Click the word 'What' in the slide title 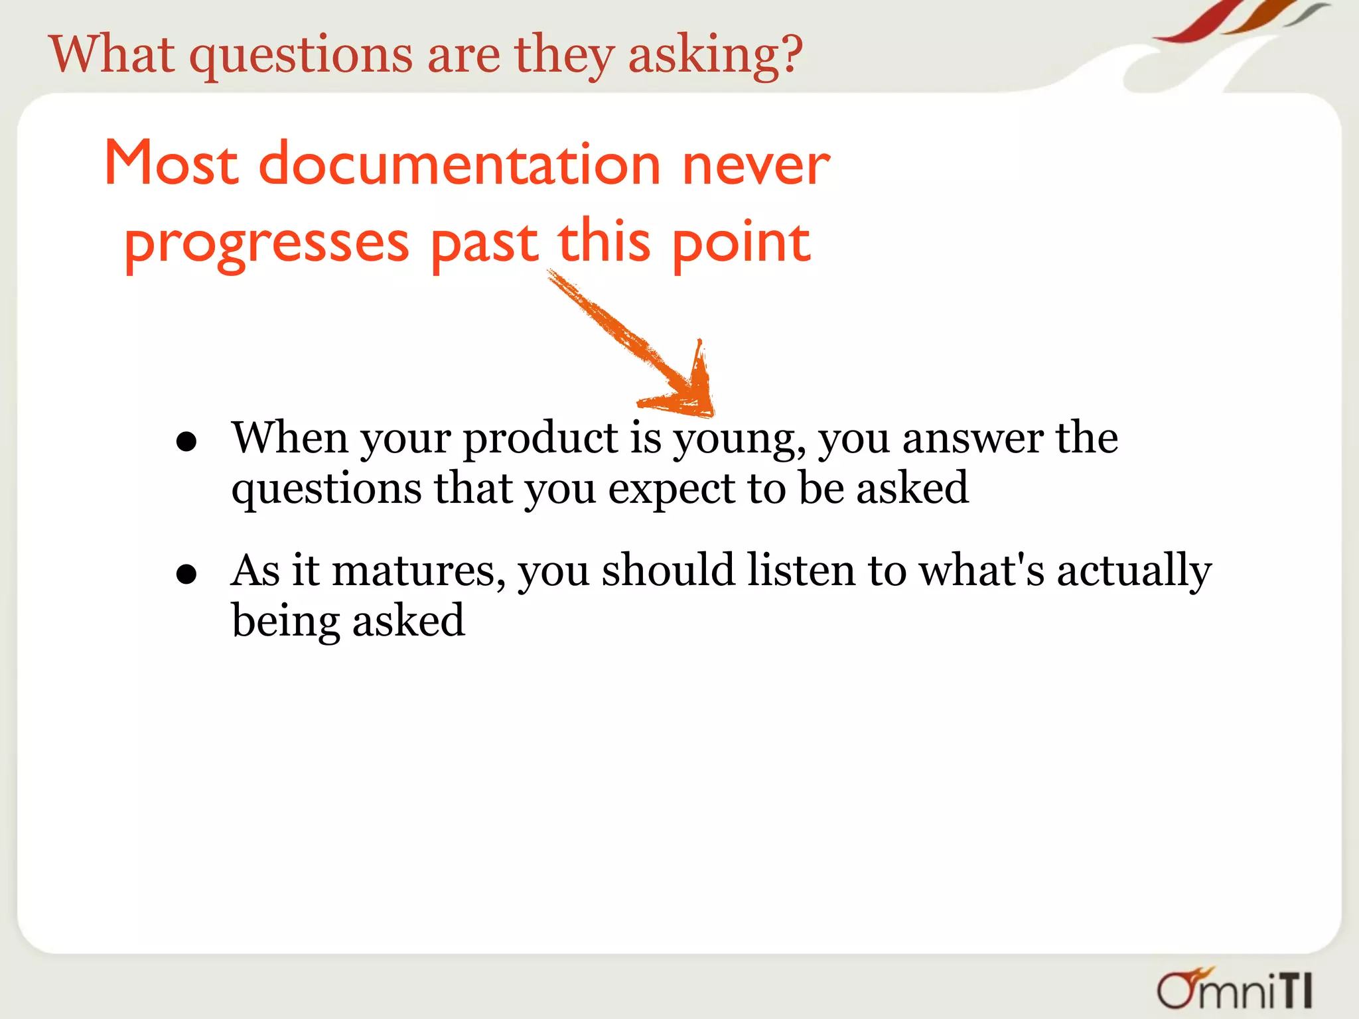click(x=112, y=54)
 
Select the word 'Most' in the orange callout click(x=171, y=163)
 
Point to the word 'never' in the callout click(x=756, y=166)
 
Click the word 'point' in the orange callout click(x=741, y=244)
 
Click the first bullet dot click(x=186, y=442)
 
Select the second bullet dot click(x=186, y=574)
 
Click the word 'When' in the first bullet click(x=290, y=438)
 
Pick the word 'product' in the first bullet click(x=540, y=439)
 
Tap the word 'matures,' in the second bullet click(x=419, y=572)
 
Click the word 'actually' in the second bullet click(x=1134, y=572)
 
